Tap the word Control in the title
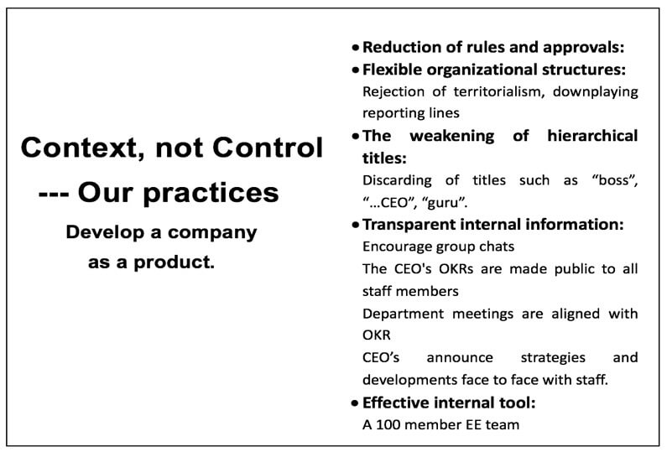click(x=268, y=147)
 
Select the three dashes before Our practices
click(x=54, y=195)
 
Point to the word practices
click(x=211, y=194)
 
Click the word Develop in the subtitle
click(x=105, y=233)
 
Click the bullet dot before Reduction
click(x=356, y=48)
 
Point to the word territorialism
click(x=499, y=92)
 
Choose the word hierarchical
click(x=592, y=136)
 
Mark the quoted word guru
click(x=445, y=203)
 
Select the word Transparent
click(x=409, y=225)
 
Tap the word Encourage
click(x=397, y=247)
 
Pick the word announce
click(x=460, y=357)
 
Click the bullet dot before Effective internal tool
click(x=356, y=403)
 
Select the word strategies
click(x=553, y=358)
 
